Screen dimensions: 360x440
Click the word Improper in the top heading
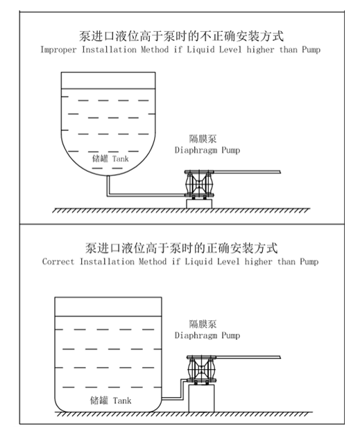pyautogui.click(x=58, y=50)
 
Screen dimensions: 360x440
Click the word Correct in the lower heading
pyautogui.click(x=58, y=261)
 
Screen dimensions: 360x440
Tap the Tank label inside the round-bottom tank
pyautogui.click(x=121, y=159)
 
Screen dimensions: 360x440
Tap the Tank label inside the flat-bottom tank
pyautogui.click(x=122, y=400)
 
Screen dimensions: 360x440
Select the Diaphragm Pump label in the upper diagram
pyautogui.click(x=207, y=150)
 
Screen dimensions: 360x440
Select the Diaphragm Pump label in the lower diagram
pyautogui.click(x=207, y=335)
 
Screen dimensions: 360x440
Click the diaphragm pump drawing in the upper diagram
pyautogui.click(x=199, y=184)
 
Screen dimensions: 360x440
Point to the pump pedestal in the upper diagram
pyautogui.click(x=199, y=204)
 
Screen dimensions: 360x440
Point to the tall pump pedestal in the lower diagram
pyautogui.click(x=201, y=398)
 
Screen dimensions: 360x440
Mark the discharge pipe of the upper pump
pyautogui.click(x=247, y=172)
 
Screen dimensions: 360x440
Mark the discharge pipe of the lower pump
pyautogui.click(x=248, y=358)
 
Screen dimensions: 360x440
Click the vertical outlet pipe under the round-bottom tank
pyautogui.click(x=108, y=185)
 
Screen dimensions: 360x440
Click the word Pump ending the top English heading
pyautogui.click(x=311, y=50)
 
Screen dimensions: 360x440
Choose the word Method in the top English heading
pyautogui.click(x=155, y=50)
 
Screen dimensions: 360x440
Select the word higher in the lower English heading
pyautogui.click(x=258, y=261)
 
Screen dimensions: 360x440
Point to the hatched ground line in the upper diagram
pyautogui.click(x=181, y=211)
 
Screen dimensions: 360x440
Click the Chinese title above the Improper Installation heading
pyautogui.click(x=181, y=36)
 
